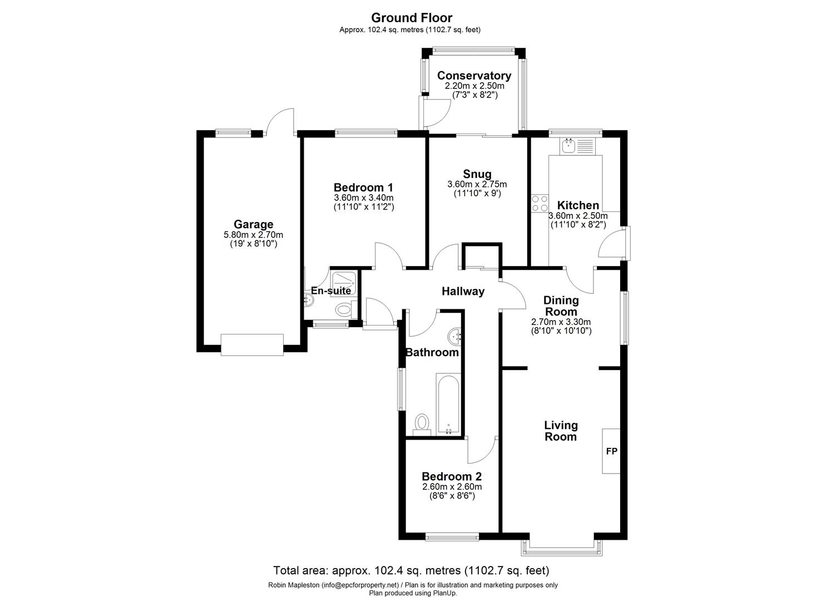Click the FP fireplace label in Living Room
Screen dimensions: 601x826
tap(611, 451)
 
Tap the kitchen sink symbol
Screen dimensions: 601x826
tap(568, 146)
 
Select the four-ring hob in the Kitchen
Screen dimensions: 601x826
tap(539, 203)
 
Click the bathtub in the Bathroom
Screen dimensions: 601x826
tap(448, 403)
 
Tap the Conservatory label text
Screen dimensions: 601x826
tap(474, 76)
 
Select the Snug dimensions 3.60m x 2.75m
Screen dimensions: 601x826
tap(477, 184)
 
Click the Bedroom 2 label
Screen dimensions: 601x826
tap(451, 476)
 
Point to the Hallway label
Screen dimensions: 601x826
tap(463, 291)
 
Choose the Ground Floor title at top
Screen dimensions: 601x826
tap(412, 18)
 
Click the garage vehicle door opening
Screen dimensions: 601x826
tap(252, 344)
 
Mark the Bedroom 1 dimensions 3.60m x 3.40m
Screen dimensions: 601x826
tap(363, 198)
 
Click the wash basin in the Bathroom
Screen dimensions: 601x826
tap(456, 336)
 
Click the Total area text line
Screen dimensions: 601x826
tap(411, 570)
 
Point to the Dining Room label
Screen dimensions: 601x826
tap(561, 306)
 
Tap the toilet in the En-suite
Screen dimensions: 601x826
tap(344, 308)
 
